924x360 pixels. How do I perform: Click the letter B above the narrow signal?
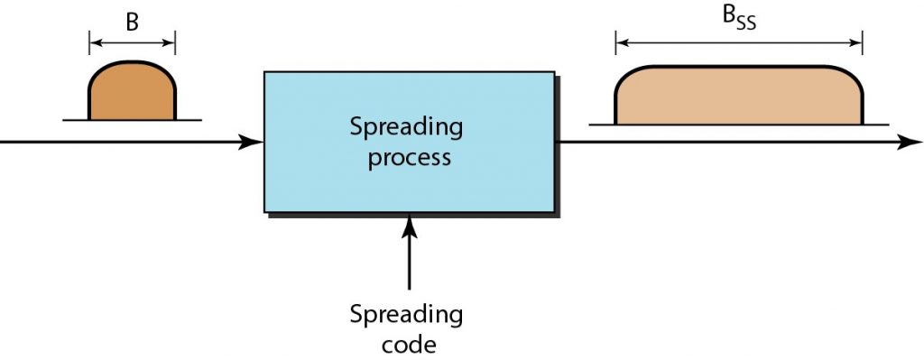132,23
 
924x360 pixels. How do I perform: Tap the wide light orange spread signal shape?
738,96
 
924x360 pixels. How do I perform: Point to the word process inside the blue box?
406,158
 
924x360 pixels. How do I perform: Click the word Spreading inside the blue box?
406,127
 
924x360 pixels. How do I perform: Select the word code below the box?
406,345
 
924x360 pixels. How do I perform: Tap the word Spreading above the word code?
406,316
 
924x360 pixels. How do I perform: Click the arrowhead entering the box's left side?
254,142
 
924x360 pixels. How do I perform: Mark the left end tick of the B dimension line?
89,42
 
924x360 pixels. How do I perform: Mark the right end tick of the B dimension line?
174,42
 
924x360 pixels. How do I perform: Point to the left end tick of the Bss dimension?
615,42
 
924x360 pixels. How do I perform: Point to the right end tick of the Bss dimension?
863,42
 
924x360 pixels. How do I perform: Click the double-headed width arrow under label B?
132,42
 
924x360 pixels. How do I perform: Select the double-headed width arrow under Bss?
738,42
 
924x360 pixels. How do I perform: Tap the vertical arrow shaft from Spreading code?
410,262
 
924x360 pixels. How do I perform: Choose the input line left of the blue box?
117,142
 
